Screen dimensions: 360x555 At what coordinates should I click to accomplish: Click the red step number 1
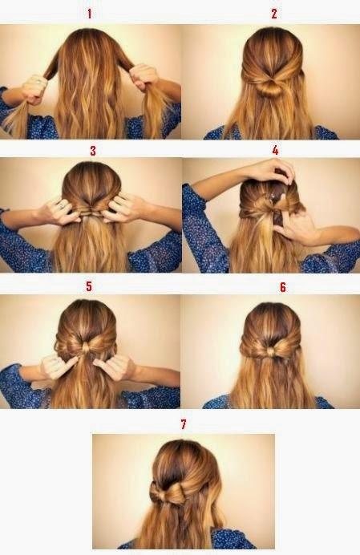[x=90, y=14]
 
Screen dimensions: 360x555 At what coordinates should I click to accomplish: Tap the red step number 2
[x=274, y=14]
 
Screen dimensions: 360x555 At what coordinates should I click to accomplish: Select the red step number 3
[x=93, y=151]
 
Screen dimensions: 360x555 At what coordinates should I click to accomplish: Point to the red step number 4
[x=275, y=151]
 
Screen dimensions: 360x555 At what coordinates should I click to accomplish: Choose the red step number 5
[x=89, y=286]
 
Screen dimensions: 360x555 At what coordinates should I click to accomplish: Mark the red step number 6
[x=283, y=287]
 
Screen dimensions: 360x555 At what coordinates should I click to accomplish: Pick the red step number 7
[x=184, y=424]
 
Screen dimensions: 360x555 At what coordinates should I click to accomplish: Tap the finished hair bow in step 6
[x=270, y=350]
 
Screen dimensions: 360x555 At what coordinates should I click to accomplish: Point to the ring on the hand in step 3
[x=62, y=205]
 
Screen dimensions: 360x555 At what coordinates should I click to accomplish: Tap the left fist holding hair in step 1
[x=34, y=89]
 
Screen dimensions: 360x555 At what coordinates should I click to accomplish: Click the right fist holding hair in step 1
[x=144, y=77]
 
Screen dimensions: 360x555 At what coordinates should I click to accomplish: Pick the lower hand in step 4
[x=294, y=226]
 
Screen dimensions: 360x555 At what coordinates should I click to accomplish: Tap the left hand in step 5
[x=59, y=367]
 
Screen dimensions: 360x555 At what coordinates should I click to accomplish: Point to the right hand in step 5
[x=114, y=367]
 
